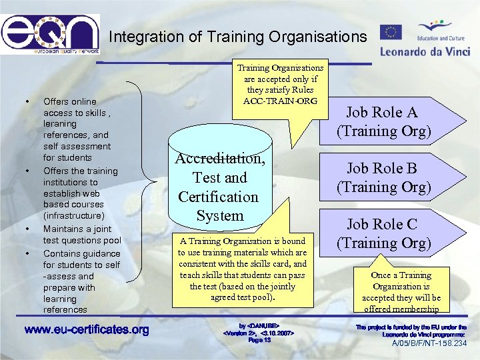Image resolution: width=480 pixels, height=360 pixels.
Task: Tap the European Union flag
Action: point(391,31)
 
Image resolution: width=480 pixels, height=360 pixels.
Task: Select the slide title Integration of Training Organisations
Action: point(237,37)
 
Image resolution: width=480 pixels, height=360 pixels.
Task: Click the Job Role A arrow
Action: point(383,121)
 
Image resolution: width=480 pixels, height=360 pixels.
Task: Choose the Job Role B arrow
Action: point(383,177)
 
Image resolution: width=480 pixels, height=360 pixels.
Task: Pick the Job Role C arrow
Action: point(383,233)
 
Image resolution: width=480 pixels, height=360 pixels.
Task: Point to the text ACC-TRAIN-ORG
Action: point(280,101)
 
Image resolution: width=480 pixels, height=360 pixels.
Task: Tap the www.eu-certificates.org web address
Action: point(87,330)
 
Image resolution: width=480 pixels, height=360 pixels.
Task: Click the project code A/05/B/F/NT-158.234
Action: point(429,344)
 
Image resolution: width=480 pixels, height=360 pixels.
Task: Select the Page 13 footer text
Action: point(259,340)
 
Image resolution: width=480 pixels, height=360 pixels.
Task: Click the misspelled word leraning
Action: point(60,124)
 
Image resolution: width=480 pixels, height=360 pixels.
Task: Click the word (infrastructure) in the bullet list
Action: point(73,216)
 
